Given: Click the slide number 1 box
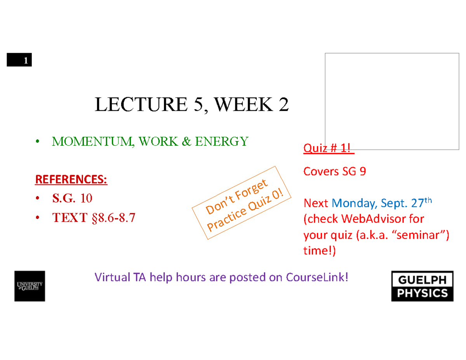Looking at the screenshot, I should [19, 61].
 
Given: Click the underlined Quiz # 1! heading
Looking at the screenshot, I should [329, 148].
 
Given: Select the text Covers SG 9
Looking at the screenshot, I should [334, 172].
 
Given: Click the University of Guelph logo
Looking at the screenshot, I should [30, 286].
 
